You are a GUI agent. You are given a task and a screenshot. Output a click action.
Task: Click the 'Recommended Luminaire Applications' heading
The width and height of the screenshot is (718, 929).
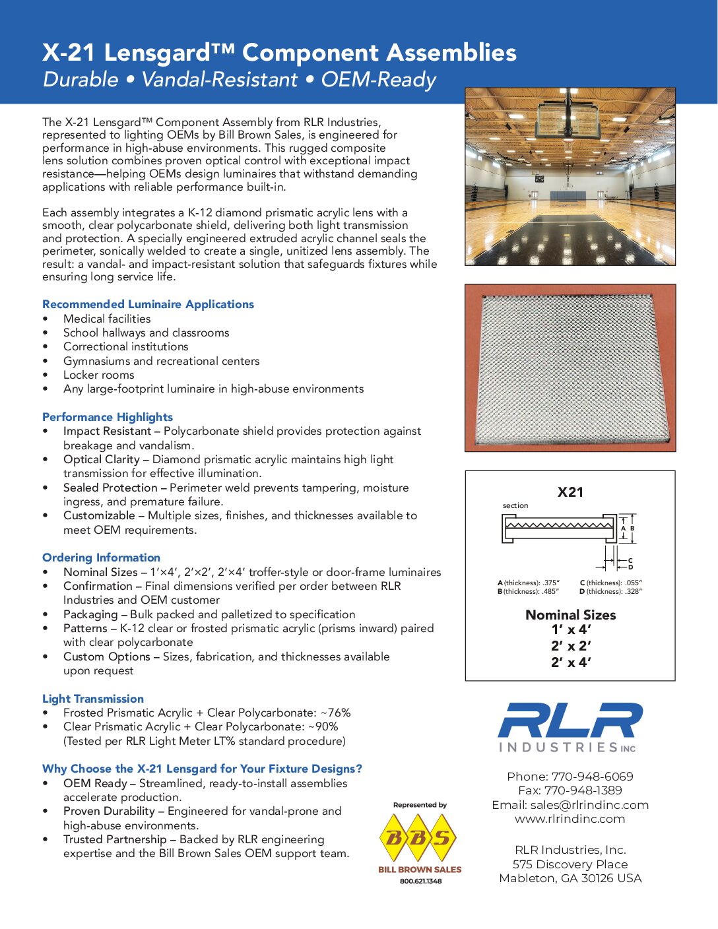[148, 304]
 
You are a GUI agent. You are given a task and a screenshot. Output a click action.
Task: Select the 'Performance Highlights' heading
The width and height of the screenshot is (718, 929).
[108, 417]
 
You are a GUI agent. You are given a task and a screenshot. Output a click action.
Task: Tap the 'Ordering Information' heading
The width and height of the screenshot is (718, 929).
[101, 558]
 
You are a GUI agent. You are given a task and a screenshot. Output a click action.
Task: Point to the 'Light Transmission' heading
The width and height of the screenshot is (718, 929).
[93, 699]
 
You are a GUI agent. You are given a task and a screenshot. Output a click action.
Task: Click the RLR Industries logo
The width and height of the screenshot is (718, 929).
[570, 726]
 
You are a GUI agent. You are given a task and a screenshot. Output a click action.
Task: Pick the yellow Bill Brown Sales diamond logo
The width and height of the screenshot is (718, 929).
[419, 838]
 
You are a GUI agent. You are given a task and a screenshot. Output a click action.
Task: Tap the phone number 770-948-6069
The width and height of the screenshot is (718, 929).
[592, 777]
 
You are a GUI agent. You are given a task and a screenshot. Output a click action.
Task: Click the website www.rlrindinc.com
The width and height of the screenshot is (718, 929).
[570, 819]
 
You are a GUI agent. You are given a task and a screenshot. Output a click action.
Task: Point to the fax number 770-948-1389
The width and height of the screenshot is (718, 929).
[583, 790]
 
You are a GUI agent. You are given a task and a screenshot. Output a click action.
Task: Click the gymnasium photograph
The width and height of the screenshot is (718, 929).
[570, 177]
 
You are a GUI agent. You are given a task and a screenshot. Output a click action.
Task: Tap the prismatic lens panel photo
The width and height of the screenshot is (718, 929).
[570, 368]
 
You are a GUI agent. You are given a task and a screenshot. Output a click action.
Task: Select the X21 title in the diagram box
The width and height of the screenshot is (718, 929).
[570, 492]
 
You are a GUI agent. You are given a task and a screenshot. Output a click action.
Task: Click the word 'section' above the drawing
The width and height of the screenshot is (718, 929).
[515, 506]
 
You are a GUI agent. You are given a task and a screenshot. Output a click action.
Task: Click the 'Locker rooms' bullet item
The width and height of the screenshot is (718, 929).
[98, 375]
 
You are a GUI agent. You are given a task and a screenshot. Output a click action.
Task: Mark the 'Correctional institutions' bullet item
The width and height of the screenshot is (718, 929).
[125, 346]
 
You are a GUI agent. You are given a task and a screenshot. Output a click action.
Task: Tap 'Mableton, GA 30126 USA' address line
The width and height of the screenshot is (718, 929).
[570, 878]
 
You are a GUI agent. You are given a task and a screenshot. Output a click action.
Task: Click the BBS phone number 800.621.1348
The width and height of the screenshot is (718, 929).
[420, 881]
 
